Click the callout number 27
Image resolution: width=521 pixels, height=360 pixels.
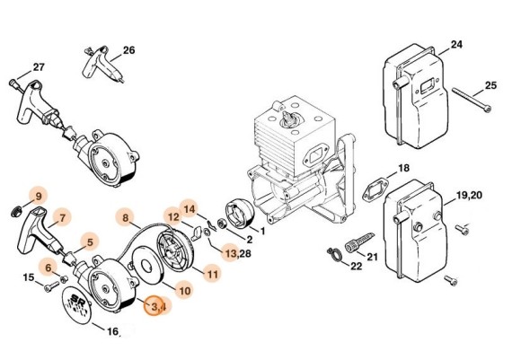click(x=38, y=66)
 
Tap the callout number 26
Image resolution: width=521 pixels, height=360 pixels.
click(x=128, y=49)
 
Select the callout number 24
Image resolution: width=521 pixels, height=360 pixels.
click(x=457, y=44)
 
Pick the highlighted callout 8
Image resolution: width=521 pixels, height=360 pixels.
click(x=127, y=216)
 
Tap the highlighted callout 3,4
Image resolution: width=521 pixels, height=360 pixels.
click(x=156, y=306)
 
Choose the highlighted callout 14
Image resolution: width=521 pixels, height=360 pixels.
click(x=190, y=209)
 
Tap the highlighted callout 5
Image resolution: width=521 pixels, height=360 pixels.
click(x=87, y=240)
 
